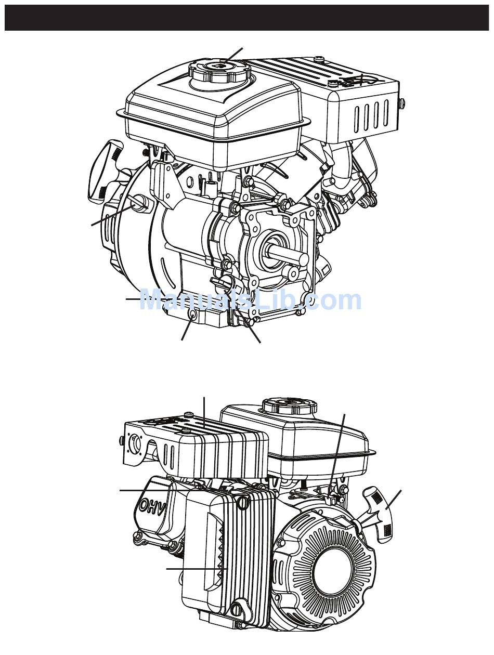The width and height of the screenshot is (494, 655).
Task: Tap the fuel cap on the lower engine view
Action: tap(289, 407)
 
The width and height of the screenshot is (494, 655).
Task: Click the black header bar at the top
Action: tap(247, 18)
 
